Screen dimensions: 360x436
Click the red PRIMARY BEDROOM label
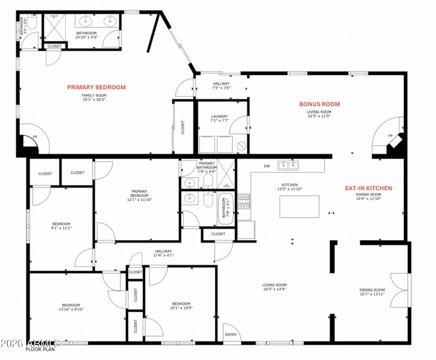tap(96, 87)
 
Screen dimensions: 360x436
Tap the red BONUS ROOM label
tap(319, 104)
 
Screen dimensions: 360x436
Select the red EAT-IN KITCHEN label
tap(368, 188)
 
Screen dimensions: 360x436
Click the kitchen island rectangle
tap(299, 206)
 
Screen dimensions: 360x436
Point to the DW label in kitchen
tap(267, 166)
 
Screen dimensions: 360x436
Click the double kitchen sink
tap(288, 164)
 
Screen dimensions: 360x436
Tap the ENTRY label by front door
tap(231, 334)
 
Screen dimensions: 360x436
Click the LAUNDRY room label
tap(220, 116)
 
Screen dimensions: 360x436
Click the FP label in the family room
tap(35, 137)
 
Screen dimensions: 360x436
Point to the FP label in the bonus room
tap(390, 136)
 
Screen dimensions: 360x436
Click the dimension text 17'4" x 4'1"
tap(163, 255)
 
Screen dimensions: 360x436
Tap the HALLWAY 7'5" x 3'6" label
tap(221, 85)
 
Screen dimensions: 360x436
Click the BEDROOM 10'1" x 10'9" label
tap(181, 306)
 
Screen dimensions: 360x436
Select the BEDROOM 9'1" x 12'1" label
tap(62, 226)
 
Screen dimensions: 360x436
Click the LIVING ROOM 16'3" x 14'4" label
tap(275, 287)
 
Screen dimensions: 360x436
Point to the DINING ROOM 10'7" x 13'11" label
tap(372, 292)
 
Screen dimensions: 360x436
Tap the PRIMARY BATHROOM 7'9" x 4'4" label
tap(207, 167)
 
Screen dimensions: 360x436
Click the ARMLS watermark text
tap(31, 343)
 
